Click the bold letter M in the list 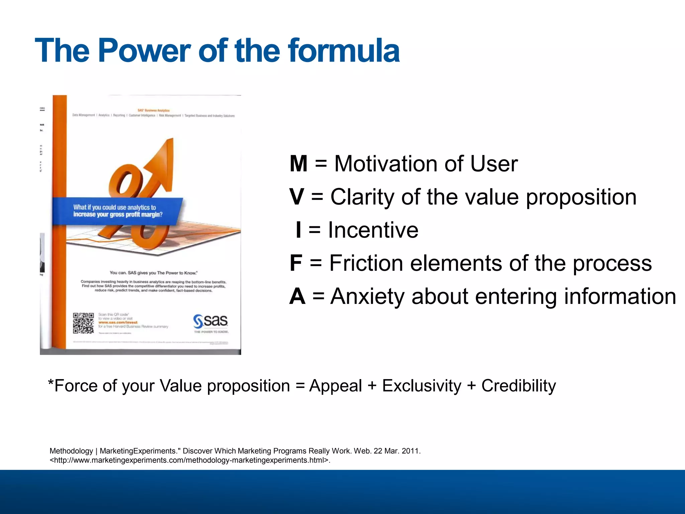click(x=298, y=164)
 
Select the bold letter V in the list click(x=297, y=197)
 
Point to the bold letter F click(x=296, y=263)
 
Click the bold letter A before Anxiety click(x=297, y=296)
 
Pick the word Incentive click(x=373, y=230)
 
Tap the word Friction click(x=366, y=263)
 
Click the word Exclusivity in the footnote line click(x=421, y=386)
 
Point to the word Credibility click(x=518, y=386)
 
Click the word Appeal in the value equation click(x=335, y=386)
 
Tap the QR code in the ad click(x=83, y=323)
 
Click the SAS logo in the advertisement click(x=211, y=322)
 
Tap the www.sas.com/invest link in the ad click(x=118, y=323)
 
